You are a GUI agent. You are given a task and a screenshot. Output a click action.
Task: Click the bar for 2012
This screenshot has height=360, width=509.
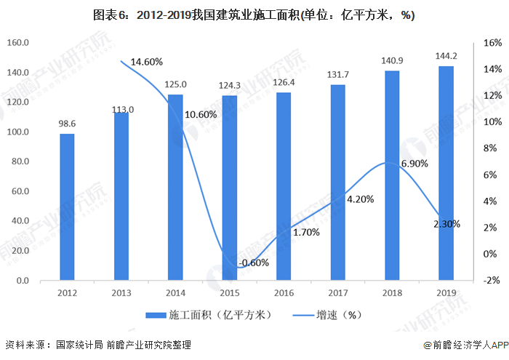(x=67, y=207)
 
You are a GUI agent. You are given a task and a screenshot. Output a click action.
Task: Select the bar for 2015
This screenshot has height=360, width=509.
(x=230, y=188)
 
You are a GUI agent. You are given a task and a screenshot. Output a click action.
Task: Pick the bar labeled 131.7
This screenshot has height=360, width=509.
(x=338, y=183)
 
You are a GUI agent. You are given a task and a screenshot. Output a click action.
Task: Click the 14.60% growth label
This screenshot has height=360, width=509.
(x=147, y=62)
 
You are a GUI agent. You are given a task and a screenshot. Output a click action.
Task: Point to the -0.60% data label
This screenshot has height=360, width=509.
(x=254, y=263)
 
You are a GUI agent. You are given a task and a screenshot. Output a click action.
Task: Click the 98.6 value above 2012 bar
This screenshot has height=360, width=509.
(x=67, y=124)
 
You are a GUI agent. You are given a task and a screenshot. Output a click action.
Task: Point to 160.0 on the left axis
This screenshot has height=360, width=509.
(x=17, y=43)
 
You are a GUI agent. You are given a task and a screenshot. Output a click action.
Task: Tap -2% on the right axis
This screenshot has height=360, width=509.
(x=492, y=281)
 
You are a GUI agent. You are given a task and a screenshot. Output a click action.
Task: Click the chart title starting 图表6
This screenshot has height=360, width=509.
(x=254, y=15)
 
